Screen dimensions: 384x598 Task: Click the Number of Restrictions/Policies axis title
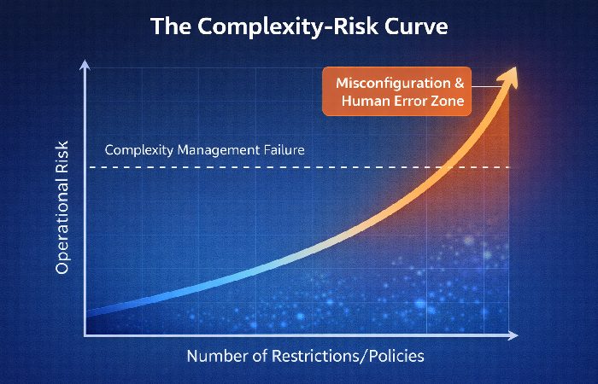[x=305, y=356]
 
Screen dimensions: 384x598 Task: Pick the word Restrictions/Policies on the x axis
[x=348, y=356]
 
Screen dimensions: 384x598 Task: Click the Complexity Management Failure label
[x=204, y=150]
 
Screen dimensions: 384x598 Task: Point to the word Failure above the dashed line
[x=280, y=150]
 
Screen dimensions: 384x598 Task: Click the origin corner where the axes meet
[x=85, y=335]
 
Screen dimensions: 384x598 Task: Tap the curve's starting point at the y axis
[x=87, y=312]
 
